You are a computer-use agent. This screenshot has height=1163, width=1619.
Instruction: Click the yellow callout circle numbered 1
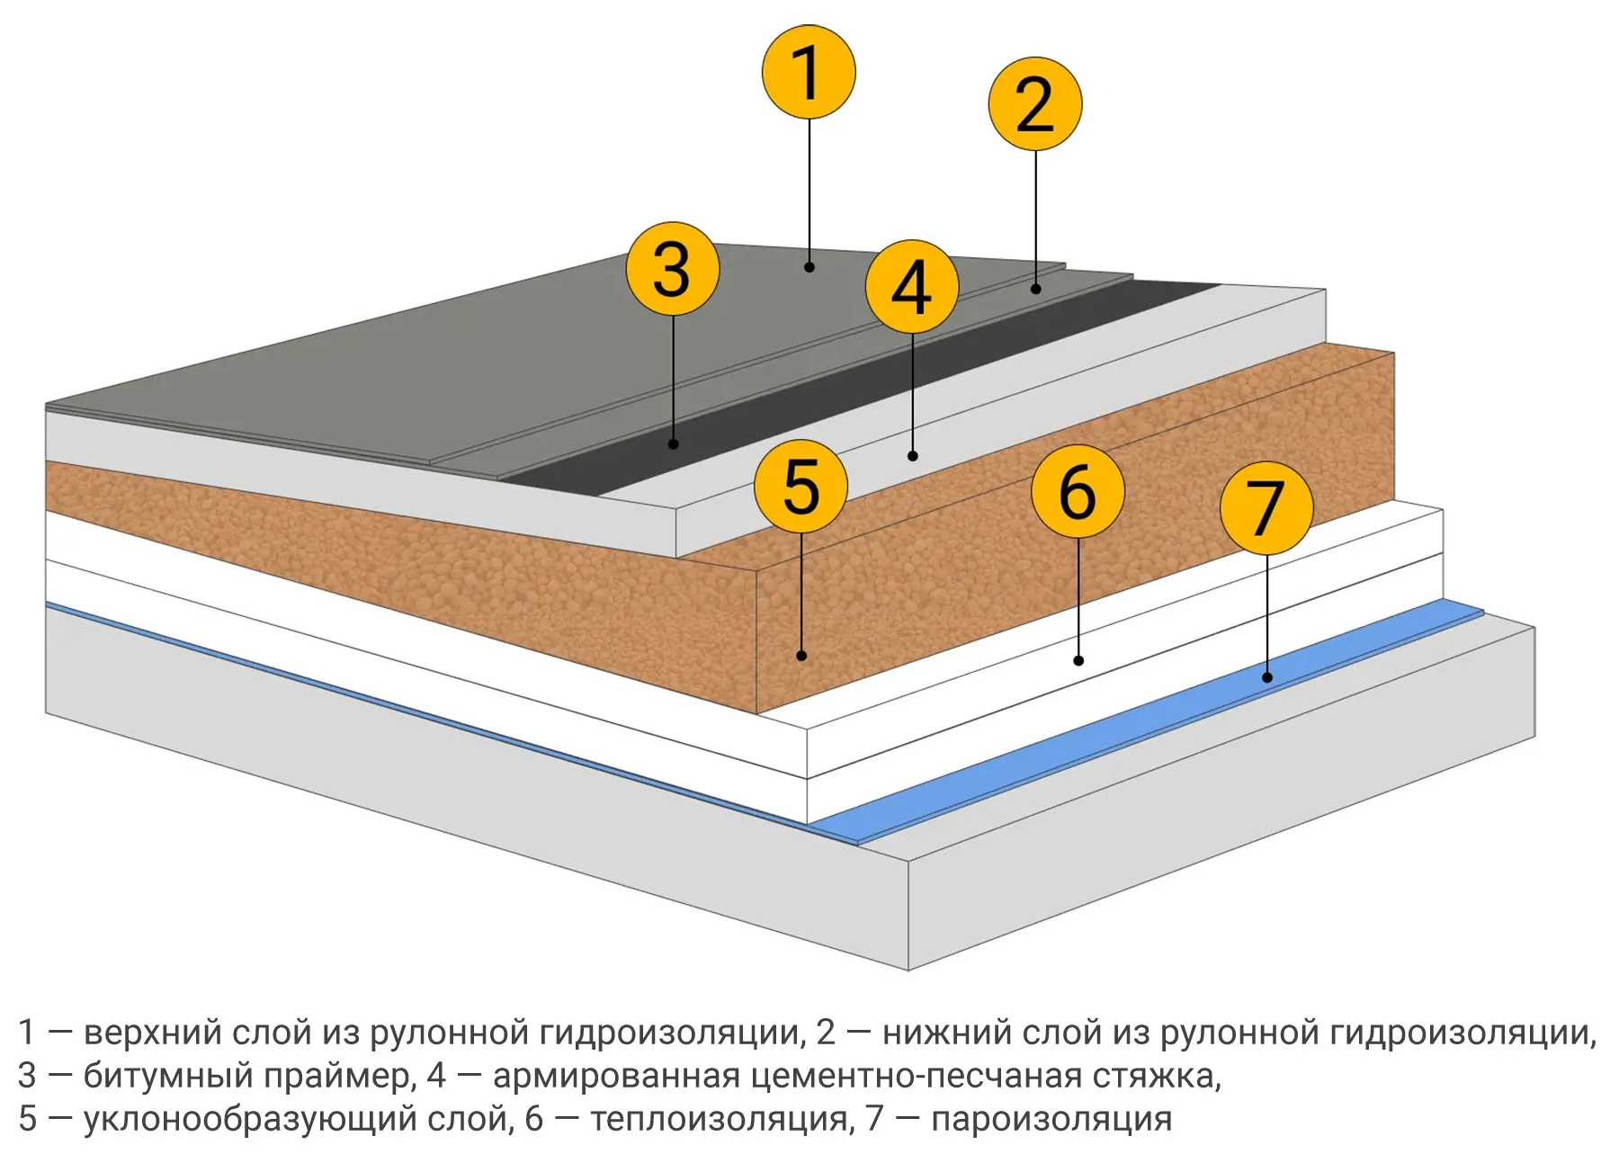pyautogui.click(x=809, y=72)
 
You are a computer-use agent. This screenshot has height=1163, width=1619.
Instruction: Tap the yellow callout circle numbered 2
pyautogui.click(x=1035, y=103)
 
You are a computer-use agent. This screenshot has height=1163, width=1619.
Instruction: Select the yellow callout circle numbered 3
pyautogui.click(x=673, y=268)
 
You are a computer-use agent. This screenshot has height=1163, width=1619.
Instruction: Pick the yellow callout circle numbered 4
pyautogui.click(x=912, y=287)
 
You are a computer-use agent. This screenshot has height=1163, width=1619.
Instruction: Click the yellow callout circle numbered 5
pyautogui.click(x=801, y=487)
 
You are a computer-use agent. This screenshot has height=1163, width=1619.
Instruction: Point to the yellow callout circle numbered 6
pyautogui.click(x=1078, y=491)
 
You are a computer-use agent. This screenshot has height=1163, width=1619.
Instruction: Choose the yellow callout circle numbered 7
pyautogui.click(x=1266, y=507)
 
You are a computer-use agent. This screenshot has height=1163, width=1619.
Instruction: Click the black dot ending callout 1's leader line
pyautogui.click(x=809, y=267)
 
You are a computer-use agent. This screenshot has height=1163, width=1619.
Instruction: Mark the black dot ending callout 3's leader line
pyautogui.click(x=673, y=444)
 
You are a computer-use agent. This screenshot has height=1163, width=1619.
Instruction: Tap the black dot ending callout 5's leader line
pyautogui.click(x=801, y=656)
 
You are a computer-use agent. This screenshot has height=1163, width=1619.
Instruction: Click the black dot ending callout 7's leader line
pyautogui.click(x=1267, y=677)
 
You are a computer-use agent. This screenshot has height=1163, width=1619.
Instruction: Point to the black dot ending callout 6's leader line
pyautogui.click(x=1078, y=661)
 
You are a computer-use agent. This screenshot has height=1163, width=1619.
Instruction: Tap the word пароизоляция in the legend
pyautogui.click(x=1051, y=1120)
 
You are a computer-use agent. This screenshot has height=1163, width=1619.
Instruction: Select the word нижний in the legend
pyautogui.click(x=943, y=1033)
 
